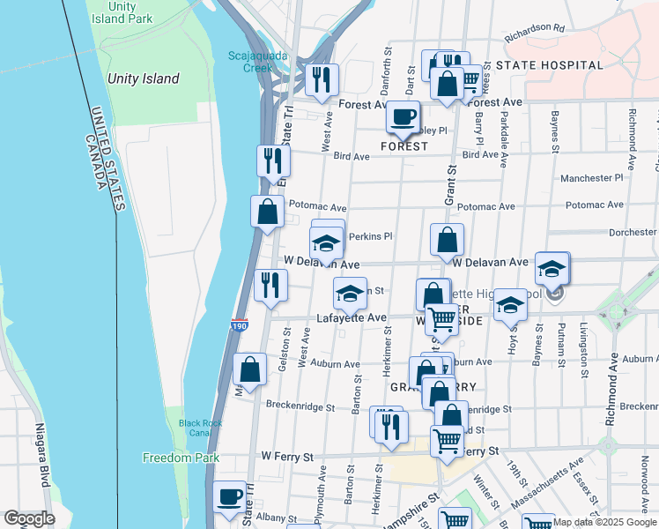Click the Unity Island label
tap(143, 78)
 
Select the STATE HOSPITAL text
tap(549, 65)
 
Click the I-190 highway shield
tap(240, 325)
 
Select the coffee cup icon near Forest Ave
tap(404, 116)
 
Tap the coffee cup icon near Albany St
tap(230, 497)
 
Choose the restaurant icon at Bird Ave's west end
tap(273, 160)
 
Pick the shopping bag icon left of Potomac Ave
tap(267, 212)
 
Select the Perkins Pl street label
tap(370, 236)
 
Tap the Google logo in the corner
tap(29, 518)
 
